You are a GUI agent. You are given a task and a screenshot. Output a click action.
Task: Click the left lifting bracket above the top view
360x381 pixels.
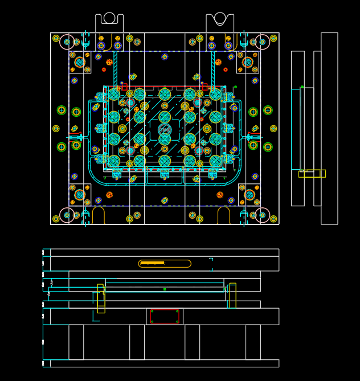coord(109,22)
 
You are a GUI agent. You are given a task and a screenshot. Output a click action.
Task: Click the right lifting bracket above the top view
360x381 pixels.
coord(220,22)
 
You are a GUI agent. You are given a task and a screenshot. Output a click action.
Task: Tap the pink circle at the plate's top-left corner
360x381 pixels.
coord(67,41)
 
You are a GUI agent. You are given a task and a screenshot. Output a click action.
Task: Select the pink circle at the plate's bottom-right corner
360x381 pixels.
coord(263,215)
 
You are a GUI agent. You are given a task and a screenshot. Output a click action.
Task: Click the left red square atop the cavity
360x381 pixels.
coord(124,87)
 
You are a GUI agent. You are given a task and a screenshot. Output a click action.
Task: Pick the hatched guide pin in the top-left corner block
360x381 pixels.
coord(80,62)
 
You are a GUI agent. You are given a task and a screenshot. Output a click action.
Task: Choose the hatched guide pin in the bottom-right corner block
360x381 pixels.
coord(249,195)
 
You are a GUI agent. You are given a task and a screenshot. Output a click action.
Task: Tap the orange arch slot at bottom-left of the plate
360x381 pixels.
coord(99,215)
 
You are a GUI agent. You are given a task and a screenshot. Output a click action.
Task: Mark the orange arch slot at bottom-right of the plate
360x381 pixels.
coord(224,215)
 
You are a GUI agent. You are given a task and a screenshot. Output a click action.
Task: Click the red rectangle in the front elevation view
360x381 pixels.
coord(165,317)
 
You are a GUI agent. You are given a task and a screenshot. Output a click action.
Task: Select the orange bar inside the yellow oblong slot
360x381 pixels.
coord(152,263)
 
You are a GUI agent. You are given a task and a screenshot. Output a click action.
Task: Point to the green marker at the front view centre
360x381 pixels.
coord(165,289)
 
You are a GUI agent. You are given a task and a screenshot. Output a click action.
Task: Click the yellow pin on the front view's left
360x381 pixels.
coord(101,298)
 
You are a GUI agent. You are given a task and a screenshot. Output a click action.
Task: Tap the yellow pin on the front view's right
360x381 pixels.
coord(232,296)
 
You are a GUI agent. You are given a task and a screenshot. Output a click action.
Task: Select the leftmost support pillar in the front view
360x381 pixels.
coord(76,342)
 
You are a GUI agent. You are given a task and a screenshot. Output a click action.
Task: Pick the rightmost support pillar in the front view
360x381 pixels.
coord(253,342)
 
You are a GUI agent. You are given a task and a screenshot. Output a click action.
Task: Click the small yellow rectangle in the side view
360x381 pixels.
coord(312,174)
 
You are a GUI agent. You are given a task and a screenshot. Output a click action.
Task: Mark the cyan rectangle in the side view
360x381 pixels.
coord(296,129)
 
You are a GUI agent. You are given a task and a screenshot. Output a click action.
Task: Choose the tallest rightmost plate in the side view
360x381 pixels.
coord(329,128)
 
